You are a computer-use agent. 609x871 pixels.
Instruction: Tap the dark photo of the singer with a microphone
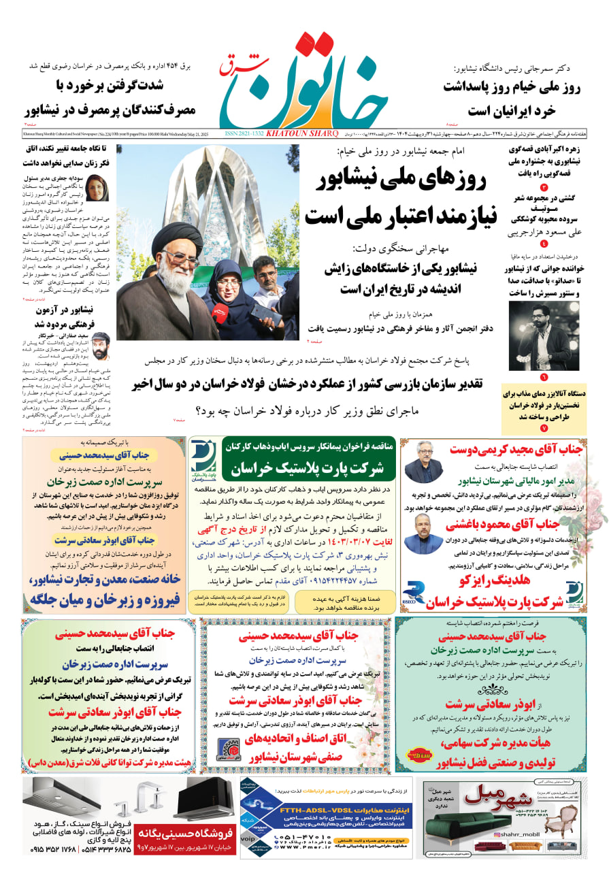click(x=534, y=337)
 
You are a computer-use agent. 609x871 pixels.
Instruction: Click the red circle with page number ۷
click(x=544, y=428)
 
